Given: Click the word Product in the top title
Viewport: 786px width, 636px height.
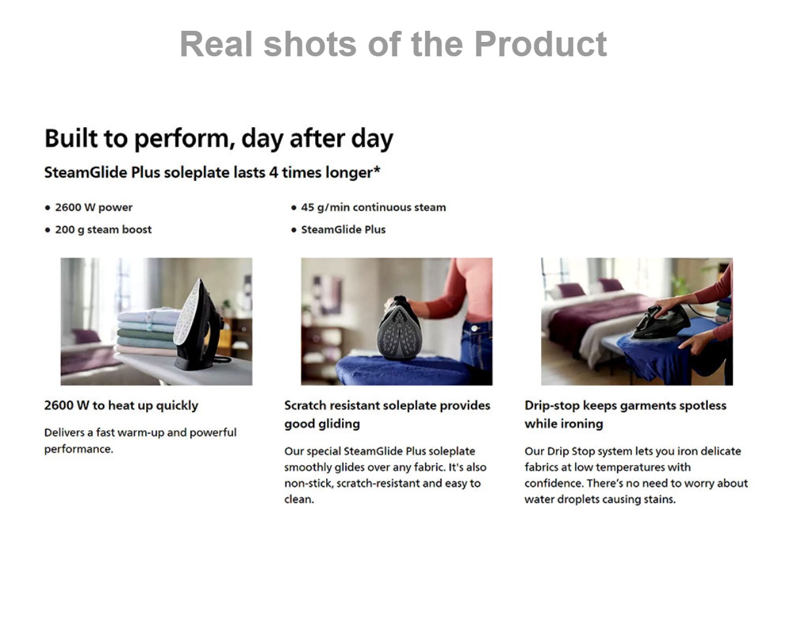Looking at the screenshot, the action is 540,44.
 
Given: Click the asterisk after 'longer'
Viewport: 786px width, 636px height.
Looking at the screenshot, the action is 377,170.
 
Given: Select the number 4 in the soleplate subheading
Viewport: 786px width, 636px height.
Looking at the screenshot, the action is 273,173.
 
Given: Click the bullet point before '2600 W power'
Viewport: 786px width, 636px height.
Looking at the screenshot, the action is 47,208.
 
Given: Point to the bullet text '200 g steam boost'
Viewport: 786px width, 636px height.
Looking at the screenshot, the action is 103,229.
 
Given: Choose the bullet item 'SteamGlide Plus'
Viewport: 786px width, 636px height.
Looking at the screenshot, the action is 343,229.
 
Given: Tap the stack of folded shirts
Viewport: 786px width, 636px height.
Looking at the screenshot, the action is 147,332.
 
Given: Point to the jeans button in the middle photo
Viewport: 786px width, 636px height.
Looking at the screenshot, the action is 476,328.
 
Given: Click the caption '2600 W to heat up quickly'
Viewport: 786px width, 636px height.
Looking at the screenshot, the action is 121,405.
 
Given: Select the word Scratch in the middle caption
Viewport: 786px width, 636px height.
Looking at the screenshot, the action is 305,405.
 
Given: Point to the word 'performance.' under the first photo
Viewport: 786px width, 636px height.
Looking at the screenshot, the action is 79,449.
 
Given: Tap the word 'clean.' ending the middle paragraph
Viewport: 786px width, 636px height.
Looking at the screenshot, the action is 299,499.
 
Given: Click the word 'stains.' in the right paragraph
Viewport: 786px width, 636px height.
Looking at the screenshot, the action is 660,499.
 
